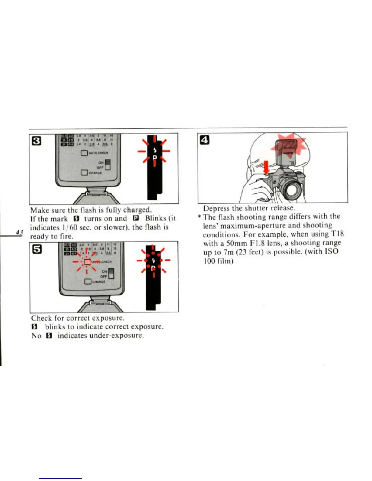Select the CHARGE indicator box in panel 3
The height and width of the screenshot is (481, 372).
pyautogui.click(x=84, y=172)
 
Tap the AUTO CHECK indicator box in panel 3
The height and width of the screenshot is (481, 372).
pyautogui.click(x=84, y=153)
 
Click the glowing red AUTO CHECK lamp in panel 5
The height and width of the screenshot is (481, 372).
pyautogui.click(x=87, y=261)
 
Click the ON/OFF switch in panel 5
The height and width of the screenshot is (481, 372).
pyautogui.click(x=111, y=274)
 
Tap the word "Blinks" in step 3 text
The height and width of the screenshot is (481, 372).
pyautogui.click(x=155, y=218)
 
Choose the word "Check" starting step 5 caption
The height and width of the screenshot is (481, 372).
pyautogui.click(x=41, y=318)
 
